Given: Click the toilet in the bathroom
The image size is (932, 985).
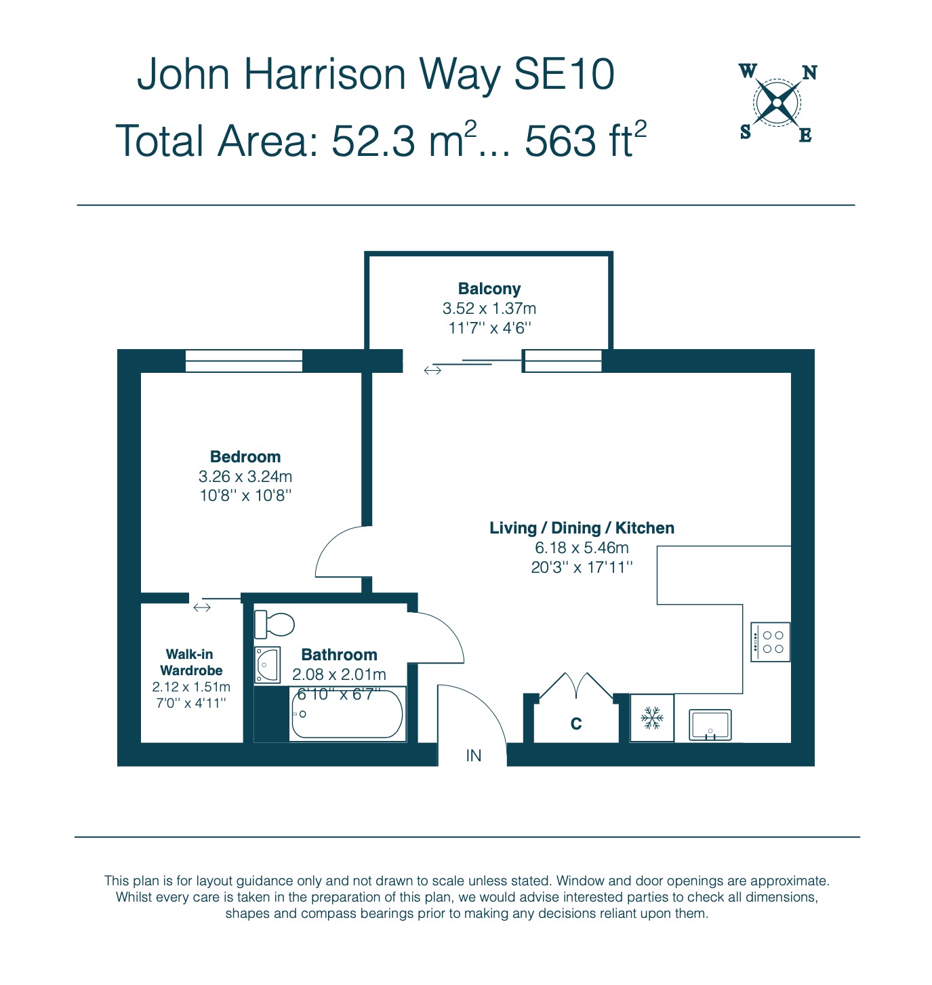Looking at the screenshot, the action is [274, 625].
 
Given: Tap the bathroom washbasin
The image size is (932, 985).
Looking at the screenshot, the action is [267, 665].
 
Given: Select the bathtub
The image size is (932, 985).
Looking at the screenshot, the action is [348, 714].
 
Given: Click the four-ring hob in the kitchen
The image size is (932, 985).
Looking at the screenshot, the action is [770, 642].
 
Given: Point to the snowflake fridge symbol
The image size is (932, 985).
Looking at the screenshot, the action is [652, 718].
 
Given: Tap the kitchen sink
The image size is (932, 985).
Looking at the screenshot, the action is [710, 725].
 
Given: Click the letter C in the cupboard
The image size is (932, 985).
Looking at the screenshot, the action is [576, 723].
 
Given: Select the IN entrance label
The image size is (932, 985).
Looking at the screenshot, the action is [474, 756].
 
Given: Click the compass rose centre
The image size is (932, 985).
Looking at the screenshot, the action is [777, 103].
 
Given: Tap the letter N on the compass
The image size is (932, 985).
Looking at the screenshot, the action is [810, 73].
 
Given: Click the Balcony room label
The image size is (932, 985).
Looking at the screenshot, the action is [489, 289].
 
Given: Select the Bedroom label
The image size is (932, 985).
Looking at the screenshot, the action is [245, 456].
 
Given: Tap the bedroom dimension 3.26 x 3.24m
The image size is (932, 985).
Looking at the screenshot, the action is [245, 476].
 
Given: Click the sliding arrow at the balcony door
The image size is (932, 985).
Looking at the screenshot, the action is [432, 370].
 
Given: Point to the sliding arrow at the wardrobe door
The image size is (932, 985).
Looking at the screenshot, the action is [202, 607].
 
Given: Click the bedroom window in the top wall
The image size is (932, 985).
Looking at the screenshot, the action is [244, 361].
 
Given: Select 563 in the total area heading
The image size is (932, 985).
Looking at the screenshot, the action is [560, 141].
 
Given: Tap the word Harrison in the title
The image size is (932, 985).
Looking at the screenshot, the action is [325, 74].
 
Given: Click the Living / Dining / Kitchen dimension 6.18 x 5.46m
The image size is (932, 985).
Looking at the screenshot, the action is [582, 548].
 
